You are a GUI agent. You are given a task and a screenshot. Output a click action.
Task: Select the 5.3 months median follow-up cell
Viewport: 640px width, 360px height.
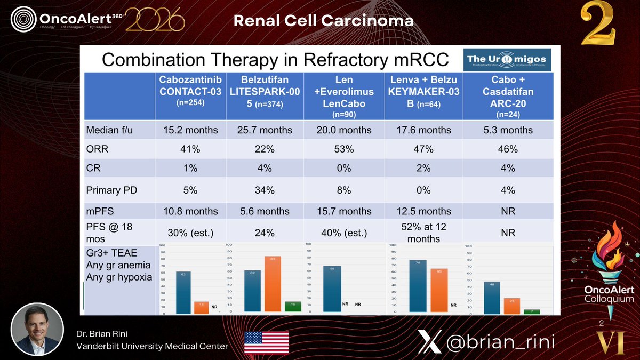(508, 130)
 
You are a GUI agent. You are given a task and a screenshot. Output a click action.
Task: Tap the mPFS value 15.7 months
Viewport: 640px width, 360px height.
(344, 211)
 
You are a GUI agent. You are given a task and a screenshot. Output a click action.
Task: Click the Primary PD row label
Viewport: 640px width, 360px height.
(109, 189)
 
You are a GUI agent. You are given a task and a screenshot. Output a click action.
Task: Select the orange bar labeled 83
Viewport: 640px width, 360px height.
(272, 285)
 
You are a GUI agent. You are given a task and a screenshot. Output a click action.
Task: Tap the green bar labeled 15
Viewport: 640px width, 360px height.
(293, 307)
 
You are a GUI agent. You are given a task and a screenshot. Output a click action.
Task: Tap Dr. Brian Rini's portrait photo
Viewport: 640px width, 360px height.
(37, 330)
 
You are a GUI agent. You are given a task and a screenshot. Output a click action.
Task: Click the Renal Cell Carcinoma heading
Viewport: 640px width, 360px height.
(323, 21)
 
